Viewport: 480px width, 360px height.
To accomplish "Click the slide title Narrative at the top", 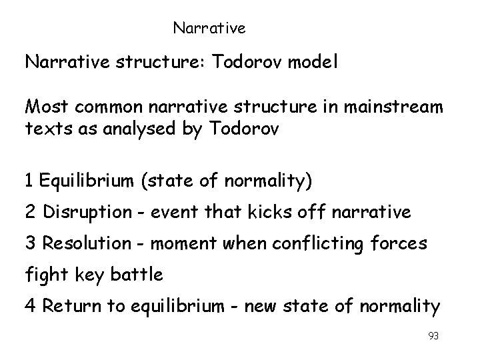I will (209, 29).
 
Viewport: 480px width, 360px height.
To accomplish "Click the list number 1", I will (29, 180).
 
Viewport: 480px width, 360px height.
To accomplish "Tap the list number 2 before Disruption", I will (30, 212).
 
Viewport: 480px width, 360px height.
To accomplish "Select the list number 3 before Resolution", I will (30, 244).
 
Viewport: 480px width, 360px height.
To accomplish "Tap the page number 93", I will (433, 336).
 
